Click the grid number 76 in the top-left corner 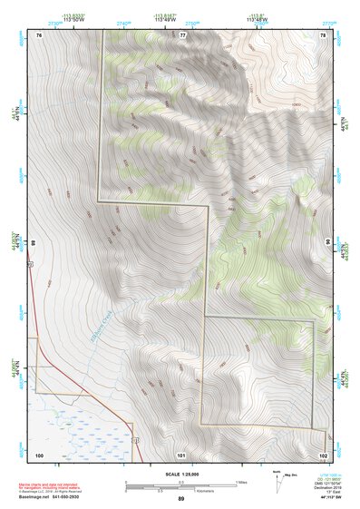[x=39, y=34]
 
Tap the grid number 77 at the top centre [x=181, y=34]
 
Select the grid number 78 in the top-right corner [x=323, y=34]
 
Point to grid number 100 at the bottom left [x=39, y=454]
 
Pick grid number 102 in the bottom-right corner [x=323, y=454]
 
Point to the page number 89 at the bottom [x=180, y=499]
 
